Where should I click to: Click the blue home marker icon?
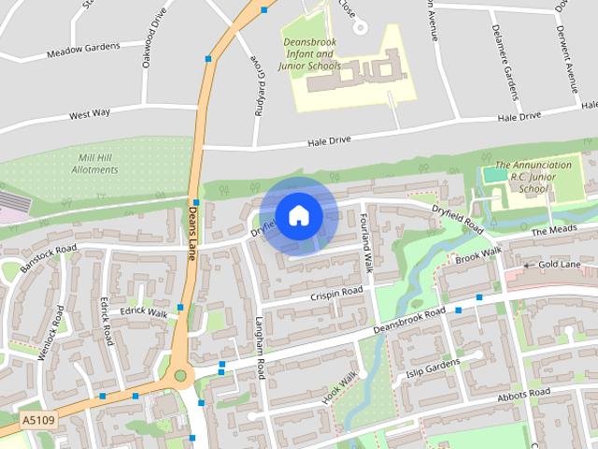tap(298, 215)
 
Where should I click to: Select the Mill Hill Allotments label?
tap(97, 164)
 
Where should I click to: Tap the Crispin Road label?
tap(336, 294)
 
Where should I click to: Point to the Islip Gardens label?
tap(433, 368)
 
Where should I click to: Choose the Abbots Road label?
tap(525, 395)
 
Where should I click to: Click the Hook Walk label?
tap(340, 387)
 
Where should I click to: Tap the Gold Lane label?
tap(560, 266)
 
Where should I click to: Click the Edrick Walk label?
tap(145, 312)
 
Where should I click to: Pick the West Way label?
tap(90, 114)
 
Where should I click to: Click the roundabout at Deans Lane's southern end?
tap(180, 376)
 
